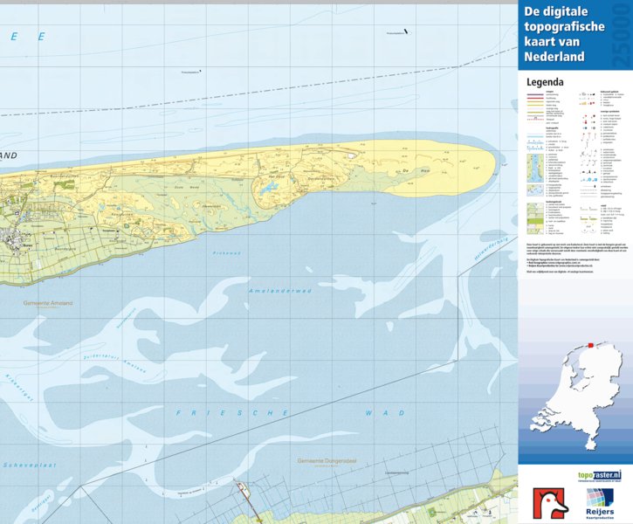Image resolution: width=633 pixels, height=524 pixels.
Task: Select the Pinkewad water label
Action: click(224, 253)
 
